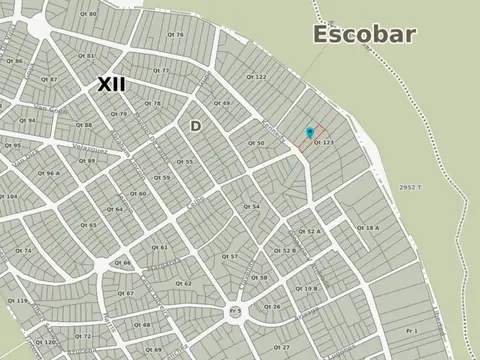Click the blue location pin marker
[310, 132]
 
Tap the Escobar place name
[365, 34]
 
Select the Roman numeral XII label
[112, 84]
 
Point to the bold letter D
[195, 125]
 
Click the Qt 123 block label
[323, 143]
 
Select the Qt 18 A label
[367, 228]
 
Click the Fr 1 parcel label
[410, 330]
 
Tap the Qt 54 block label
[252, 206]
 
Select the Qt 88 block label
[85, 125]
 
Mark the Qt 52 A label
[313, 231]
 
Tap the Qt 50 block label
[256, 143]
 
